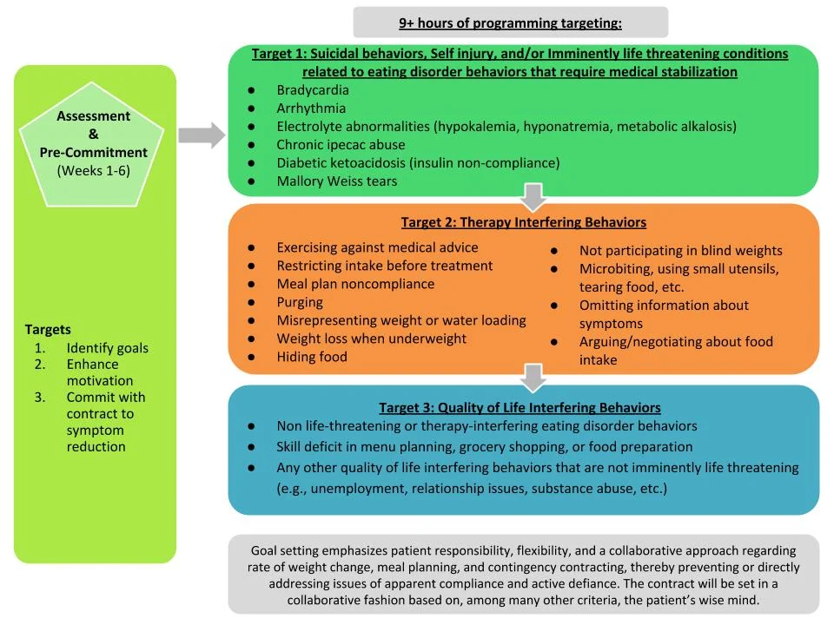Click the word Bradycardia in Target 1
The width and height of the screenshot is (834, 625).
coord(313,90)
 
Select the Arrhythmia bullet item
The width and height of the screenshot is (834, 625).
coord(311,109)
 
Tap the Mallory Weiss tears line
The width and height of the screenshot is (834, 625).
coord(336,181)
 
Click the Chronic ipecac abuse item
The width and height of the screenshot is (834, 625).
coord(341,145)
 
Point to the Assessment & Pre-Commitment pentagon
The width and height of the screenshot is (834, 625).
coord(94,144)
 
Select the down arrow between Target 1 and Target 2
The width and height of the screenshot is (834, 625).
coord(534,197)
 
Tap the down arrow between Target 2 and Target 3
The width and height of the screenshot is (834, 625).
coord(534,378)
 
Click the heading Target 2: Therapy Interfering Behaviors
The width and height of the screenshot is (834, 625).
coord(523,222)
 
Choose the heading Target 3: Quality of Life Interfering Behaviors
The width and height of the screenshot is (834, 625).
coord(520,407)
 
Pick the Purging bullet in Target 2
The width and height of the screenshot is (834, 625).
coord(300,302)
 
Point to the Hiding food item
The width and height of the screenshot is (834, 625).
coord(312,357)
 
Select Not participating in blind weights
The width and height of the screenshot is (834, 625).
coord(680,251)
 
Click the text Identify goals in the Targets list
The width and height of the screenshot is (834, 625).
coord(107,348)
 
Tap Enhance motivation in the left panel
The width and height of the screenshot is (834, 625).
coord(100,372)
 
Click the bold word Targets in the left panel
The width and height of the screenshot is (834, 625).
coord(48,330)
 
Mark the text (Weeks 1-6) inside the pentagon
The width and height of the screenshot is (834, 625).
coord(94,170)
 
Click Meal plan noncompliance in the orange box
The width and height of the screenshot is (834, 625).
coord(355,284)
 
